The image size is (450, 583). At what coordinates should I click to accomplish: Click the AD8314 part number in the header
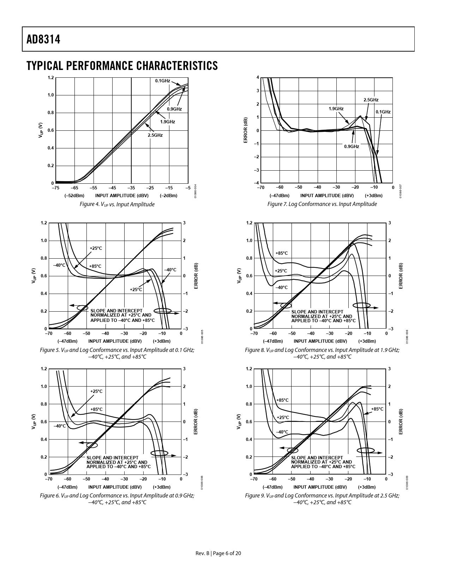point(43,40)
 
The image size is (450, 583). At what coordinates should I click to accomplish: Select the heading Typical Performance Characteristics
point(122,66)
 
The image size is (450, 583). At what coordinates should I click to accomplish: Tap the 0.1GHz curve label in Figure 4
point(162,81)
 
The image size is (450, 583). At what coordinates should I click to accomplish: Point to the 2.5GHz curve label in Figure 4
point(155,135)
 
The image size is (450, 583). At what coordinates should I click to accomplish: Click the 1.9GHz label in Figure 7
point(336,108)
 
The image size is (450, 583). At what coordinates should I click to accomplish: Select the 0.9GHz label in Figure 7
point(352,146)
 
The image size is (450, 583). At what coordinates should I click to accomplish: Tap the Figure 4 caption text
point(117,204)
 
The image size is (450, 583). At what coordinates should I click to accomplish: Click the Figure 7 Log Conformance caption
point(322,204)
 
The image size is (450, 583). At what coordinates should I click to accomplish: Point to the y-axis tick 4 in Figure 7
point(258,77)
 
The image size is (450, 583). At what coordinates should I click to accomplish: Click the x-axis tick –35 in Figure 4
point(131,188)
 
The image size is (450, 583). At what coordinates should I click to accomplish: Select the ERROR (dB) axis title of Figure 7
point(246,130)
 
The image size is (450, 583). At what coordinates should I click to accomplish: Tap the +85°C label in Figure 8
point(281,253)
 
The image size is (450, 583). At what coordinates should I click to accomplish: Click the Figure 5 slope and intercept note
point(122,316)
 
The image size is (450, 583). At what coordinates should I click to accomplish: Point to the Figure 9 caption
point(322,499)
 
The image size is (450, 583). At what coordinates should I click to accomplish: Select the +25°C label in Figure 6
point(96,391)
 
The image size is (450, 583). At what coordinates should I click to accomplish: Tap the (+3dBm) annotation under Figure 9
point(367,487)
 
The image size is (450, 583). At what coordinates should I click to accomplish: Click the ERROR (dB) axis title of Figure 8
point(401,276)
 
